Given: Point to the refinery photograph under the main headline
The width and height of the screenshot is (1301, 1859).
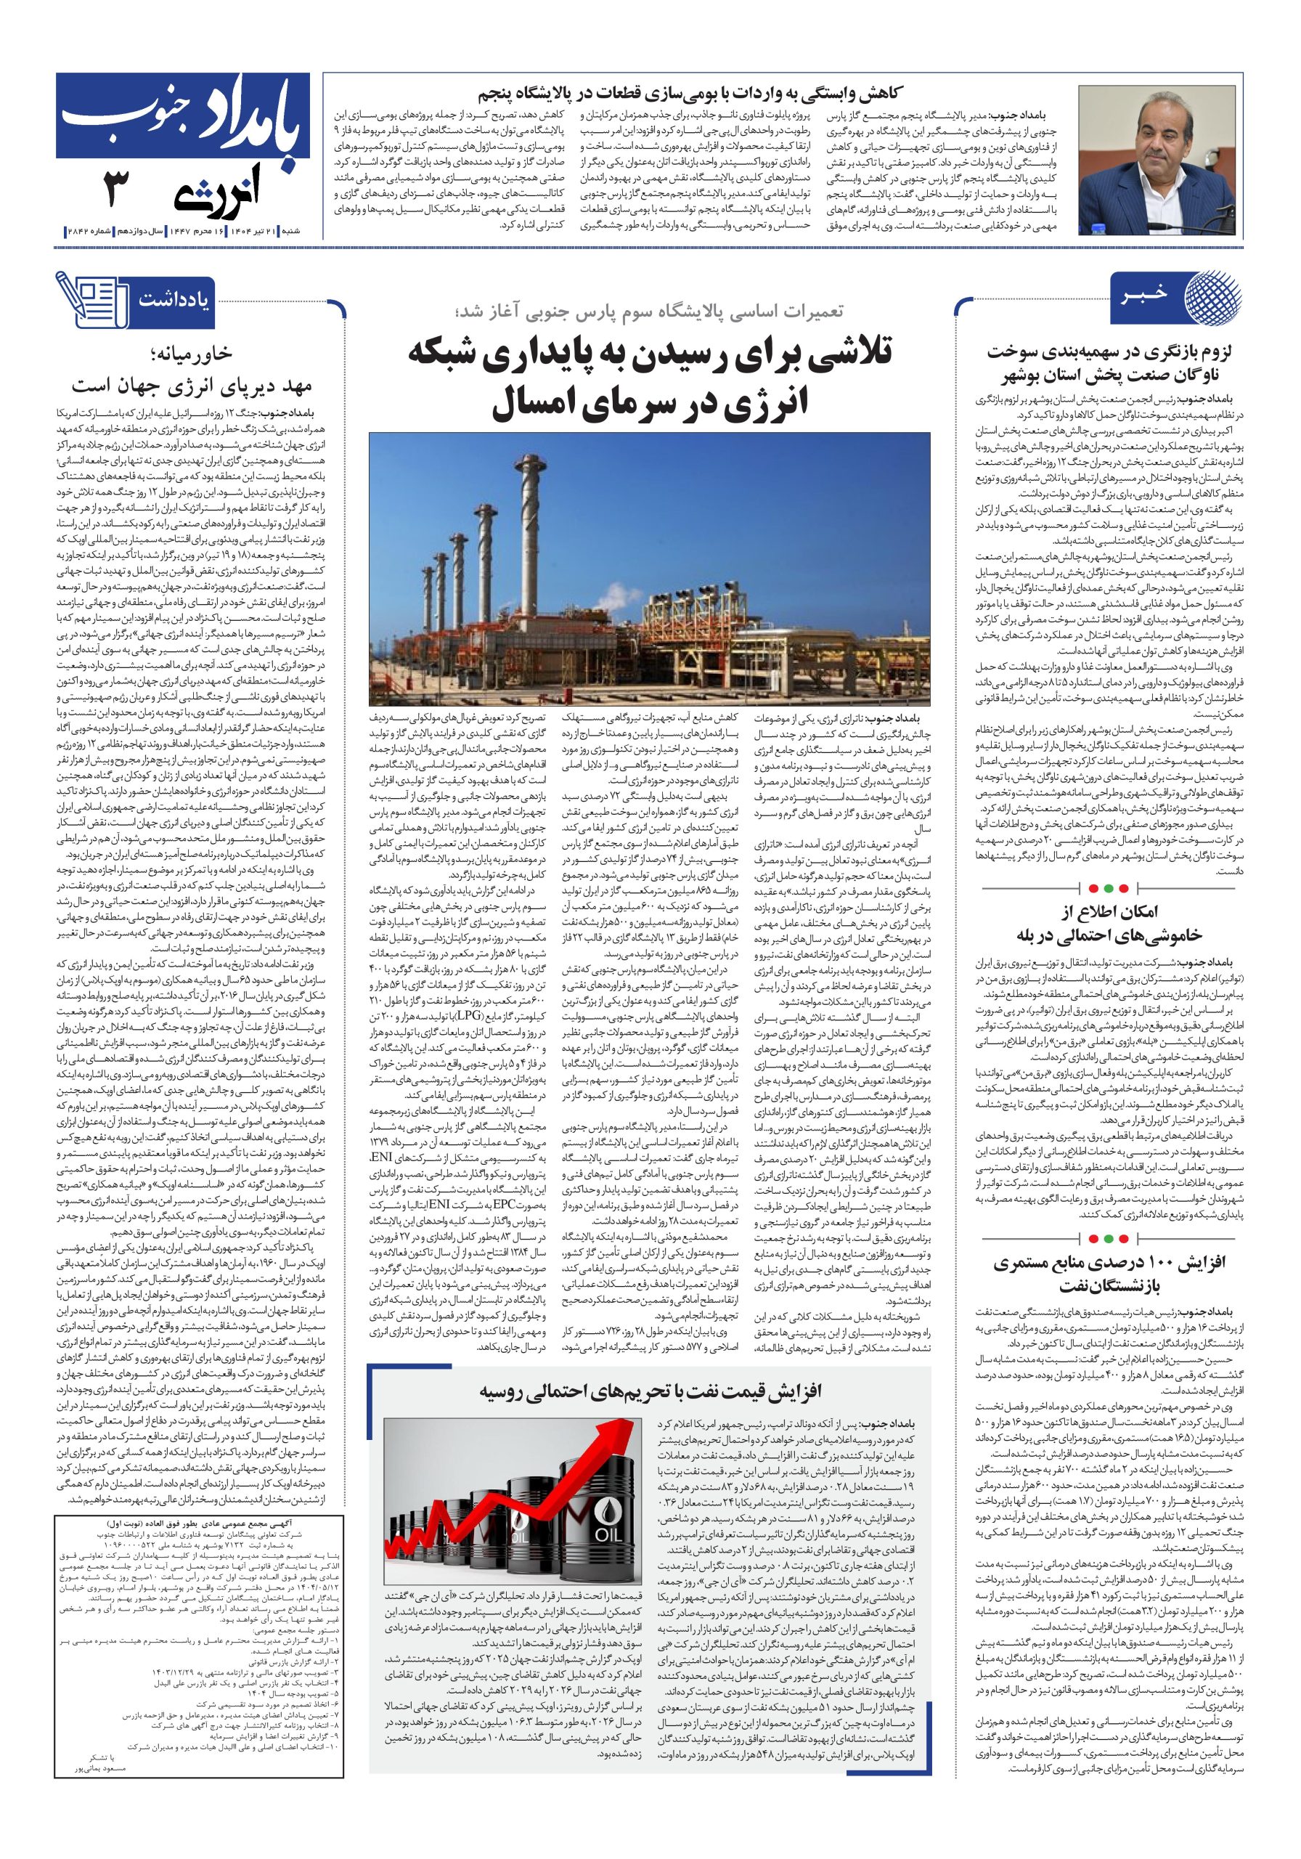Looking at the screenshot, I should (x=649, y=568).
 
